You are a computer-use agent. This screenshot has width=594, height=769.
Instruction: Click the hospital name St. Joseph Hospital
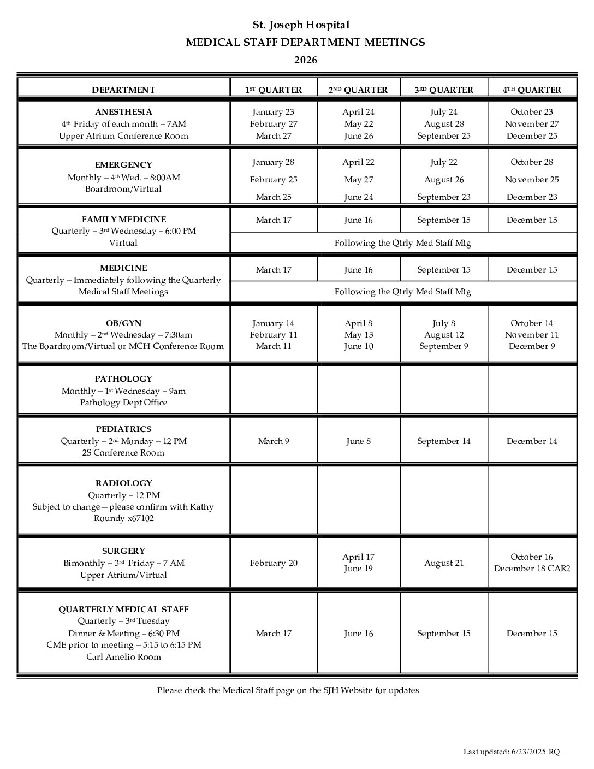tap(301, 25)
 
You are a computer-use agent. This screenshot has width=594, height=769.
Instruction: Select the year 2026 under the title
tap(305, 60)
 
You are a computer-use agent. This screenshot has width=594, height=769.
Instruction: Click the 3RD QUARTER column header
tap(443, 90)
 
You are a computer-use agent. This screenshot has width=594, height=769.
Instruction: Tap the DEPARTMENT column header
tap(123, 90)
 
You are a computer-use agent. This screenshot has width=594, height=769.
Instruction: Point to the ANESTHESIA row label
tap(123, 112)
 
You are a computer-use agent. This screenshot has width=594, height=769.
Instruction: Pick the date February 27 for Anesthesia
tap(274, 124)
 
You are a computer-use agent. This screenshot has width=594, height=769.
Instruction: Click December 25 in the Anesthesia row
tap(532, 136)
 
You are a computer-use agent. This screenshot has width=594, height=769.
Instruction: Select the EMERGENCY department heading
tap(123, 165)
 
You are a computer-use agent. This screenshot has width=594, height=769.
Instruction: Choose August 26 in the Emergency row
tap(444, 180)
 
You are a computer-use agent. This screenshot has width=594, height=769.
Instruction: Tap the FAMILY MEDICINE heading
tap(124, 220)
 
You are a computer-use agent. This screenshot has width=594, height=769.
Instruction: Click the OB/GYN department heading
tap(123, 323)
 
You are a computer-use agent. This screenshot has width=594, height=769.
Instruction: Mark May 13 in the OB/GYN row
tap(358, 335)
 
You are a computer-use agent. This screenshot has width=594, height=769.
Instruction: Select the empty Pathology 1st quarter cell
tap(274, 390)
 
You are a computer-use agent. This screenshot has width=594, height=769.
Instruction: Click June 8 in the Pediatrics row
tap(358, 441)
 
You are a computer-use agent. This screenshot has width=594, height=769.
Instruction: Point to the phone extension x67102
tap(140, 518)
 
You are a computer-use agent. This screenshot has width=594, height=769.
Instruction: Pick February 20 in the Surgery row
tap(274, 563)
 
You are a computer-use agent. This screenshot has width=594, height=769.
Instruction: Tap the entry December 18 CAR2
tap(532, 569)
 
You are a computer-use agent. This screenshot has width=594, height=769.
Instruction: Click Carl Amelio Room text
tap(123, 657)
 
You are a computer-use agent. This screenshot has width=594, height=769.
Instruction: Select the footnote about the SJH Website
tap(288, 690)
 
